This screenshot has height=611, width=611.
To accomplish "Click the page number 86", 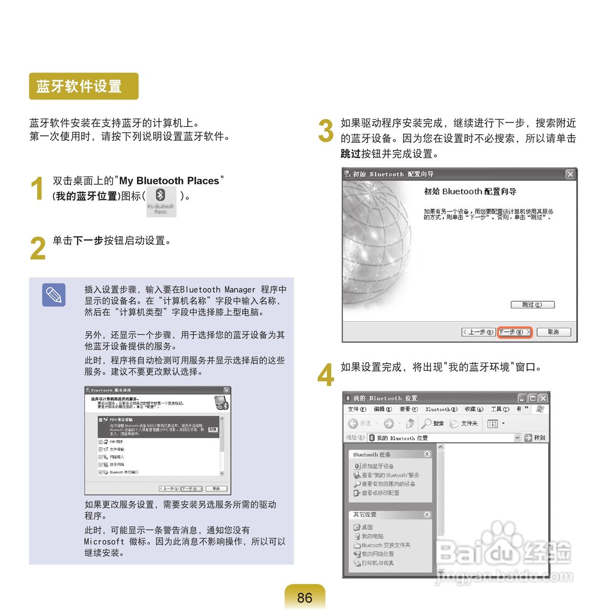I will (x=305, y=598).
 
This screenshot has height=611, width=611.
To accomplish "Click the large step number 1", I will (x=37, y=189).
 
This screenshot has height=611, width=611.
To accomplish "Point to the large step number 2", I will (x=38, y=249).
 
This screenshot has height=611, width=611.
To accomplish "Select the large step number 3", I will (x=326, y=131).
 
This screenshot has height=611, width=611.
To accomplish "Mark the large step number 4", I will (x=326, y=375).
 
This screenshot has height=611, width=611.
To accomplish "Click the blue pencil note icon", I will (x=53, y=295).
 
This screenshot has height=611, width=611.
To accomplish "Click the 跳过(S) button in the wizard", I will (x=532, y=305).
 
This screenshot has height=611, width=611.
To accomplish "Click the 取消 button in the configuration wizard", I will (x=553, y=332).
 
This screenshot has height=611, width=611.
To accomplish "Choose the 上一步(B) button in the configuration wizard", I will (x=478, y=332).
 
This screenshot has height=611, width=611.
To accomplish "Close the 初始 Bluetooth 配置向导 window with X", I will (x=570, y=174).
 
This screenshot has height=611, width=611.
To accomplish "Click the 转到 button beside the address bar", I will (x=535, y=438).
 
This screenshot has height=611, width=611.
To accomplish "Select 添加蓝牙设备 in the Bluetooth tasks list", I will (x=377, y=466).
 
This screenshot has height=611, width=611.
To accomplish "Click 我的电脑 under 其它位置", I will (x=372, y=536).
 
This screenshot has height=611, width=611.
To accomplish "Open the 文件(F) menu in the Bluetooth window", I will (x=357, y=409).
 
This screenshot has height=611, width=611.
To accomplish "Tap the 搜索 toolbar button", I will (x=433, y=423).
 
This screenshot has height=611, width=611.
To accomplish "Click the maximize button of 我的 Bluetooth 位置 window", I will (x=533, y=398).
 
